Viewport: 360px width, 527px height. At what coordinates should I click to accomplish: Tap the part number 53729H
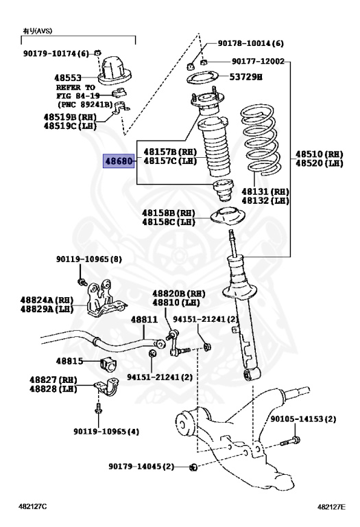[245, 78]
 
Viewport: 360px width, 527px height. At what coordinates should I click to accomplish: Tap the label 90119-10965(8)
[89, 259]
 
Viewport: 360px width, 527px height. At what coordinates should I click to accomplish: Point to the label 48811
[144, 320]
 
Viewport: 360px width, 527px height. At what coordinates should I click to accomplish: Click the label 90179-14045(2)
[142, 467]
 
